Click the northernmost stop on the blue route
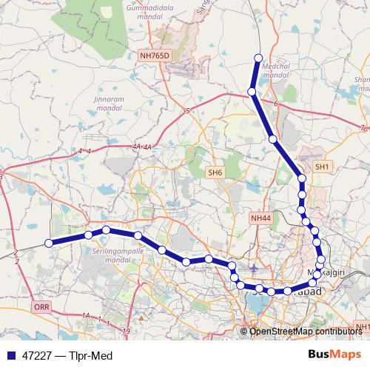pos(258,58)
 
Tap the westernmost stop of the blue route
pos(49,243)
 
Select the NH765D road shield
pos(155,55)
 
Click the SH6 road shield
pos(215,172)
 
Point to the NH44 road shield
pos(261,218)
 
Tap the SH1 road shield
pos(323,168)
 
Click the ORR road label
pos(40,305)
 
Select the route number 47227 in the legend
pos(37,355)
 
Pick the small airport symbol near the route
pos(255,268)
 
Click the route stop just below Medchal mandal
pos(252,92)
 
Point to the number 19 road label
pos(127,331)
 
